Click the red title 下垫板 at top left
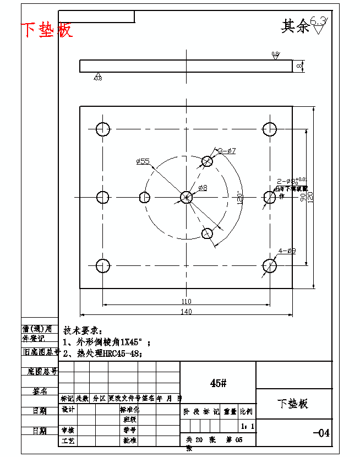47,30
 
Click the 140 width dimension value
186,312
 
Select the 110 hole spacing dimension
186,301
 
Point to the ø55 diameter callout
143,161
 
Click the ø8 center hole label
203,188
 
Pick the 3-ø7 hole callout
227,150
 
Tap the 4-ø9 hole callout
287,251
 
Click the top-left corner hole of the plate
103,129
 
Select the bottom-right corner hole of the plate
269,266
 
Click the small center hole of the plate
186,197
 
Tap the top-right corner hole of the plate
269,129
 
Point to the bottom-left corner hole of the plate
103,266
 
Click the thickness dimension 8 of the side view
299,66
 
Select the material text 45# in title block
218,383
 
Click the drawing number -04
321,433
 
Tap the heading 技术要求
83,330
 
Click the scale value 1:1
248,426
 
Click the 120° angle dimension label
239,197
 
